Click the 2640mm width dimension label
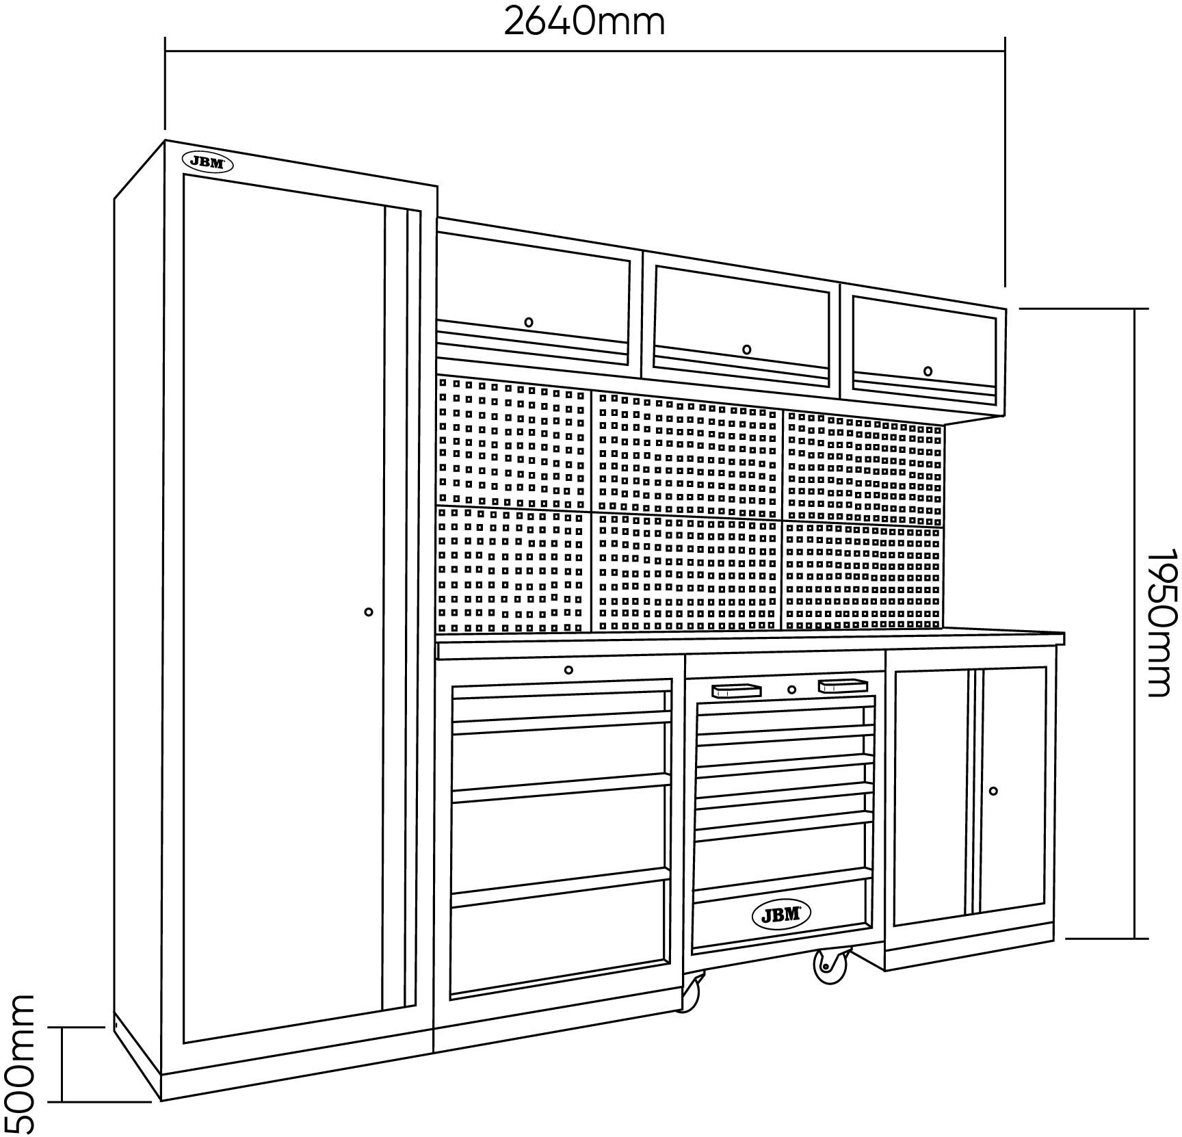coord(584,22)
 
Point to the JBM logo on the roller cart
coord(781,914)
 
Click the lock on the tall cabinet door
coord(369,612)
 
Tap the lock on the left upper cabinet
coord(529,322)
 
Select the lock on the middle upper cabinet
coord(746,350)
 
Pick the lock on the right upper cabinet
coord(928,371)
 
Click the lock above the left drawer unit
coord(568,670)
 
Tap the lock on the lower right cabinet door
coord(993,791)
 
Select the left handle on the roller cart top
coord(736,690)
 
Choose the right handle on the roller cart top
coord(842,684)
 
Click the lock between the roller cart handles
coord(791,690)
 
